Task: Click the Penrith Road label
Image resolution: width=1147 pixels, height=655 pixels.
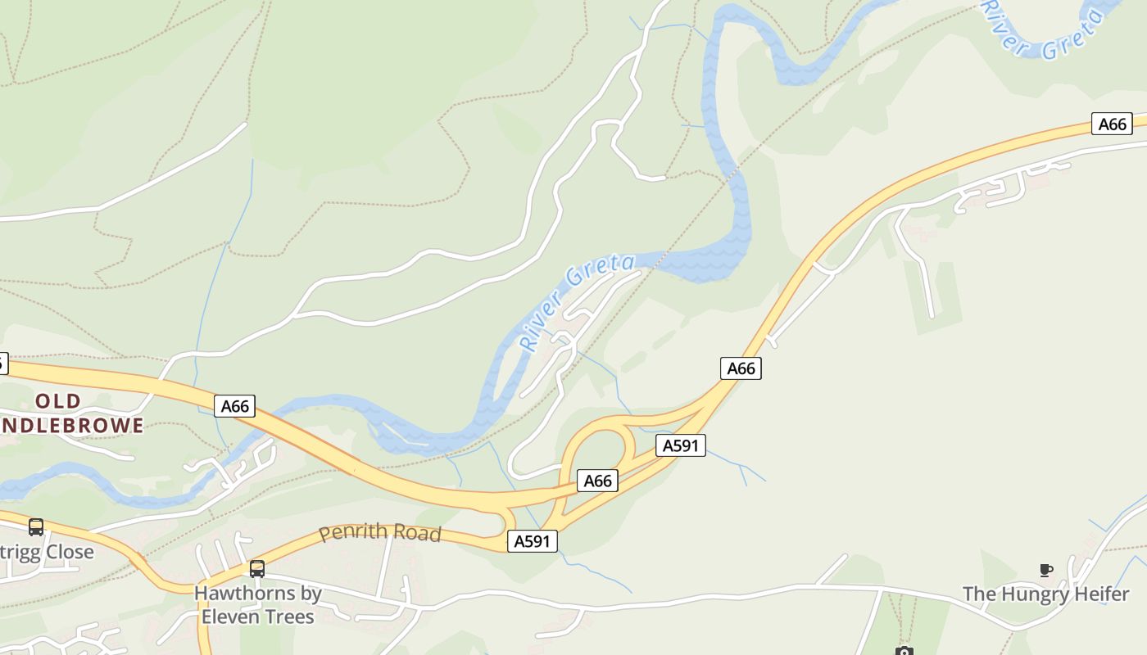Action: pos(380,533)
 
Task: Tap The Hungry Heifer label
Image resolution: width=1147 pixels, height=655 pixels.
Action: pos(1045,594)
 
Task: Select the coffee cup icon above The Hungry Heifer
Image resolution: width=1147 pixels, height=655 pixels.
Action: pos(1045,570)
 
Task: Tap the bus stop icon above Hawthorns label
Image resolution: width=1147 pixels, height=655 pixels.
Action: pos(257,568)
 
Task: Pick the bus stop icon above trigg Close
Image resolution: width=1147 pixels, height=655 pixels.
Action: pos(36,526)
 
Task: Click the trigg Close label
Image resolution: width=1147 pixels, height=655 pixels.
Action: pos(47,552)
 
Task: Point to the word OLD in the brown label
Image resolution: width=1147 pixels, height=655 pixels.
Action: pos(58,401)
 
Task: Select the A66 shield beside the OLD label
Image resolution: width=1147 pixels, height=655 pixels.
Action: pos(234,405)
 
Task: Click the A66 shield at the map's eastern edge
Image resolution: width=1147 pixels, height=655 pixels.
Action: pos(1112,124)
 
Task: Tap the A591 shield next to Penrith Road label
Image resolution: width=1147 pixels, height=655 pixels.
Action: pos(533,541)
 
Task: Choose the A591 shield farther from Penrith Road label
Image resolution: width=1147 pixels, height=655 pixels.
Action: pos(681,445)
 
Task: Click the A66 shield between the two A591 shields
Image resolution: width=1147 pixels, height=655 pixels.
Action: pos(597,481)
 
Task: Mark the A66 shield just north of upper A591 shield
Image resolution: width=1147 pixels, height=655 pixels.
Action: pos(741,368)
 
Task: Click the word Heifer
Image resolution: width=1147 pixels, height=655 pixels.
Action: pos(1102,594)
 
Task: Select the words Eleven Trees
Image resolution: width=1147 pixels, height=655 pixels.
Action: pos(258,616)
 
